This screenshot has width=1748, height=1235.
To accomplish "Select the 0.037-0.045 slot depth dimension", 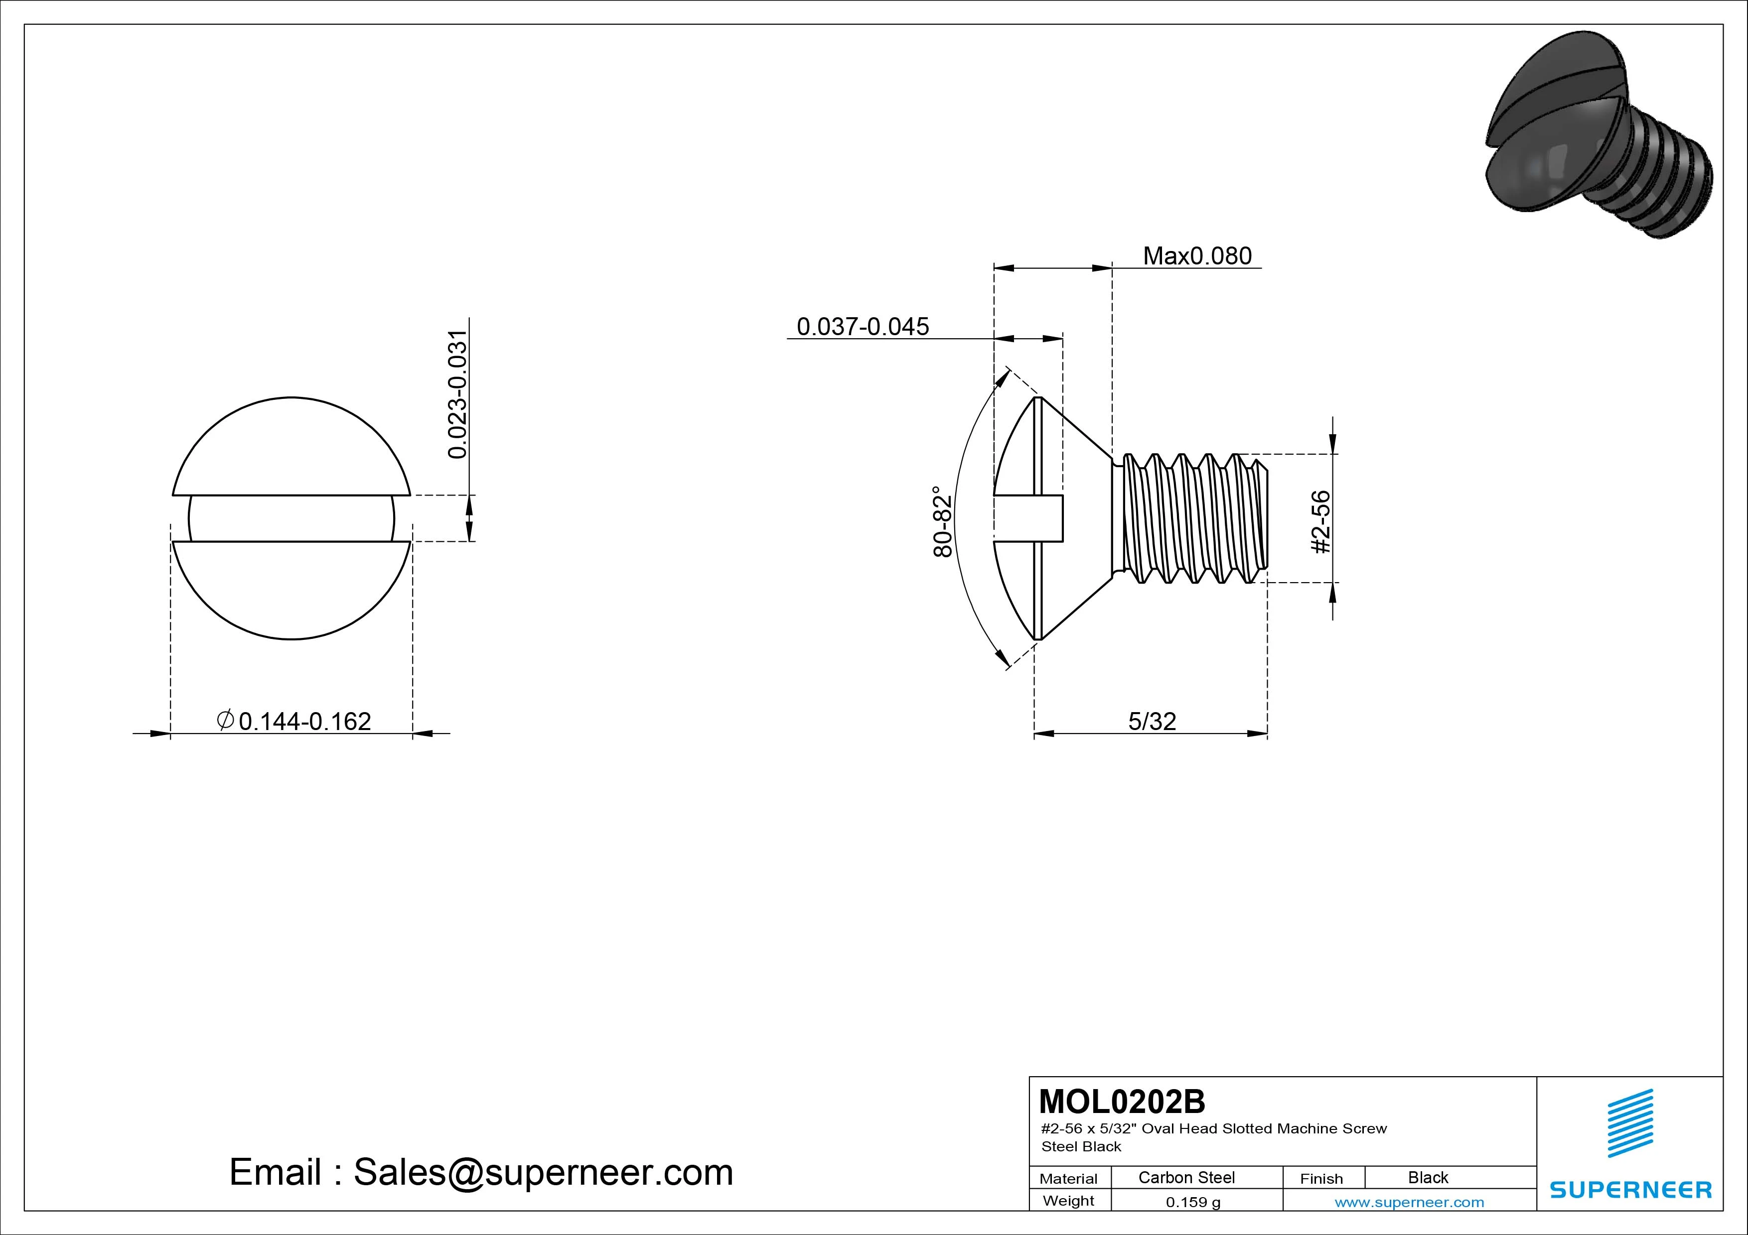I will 863,327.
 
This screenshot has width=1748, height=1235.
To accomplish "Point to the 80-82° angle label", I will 943,521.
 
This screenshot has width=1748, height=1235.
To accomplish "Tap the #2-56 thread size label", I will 1321,521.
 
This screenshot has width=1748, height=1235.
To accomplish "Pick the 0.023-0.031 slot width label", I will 457,394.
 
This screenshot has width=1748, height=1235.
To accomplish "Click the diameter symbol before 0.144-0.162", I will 225,719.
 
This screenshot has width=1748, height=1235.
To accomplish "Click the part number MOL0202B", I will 1122,1101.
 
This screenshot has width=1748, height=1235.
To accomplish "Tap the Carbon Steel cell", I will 1186,1177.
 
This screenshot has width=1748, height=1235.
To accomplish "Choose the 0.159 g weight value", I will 1193,1202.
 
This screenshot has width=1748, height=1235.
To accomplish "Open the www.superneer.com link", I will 1409,1202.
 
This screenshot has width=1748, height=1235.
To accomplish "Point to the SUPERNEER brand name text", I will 1630,1189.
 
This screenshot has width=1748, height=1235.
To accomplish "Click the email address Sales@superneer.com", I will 543,1172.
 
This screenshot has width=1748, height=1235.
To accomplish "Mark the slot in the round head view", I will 291,519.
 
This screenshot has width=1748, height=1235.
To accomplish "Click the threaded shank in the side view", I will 1191,518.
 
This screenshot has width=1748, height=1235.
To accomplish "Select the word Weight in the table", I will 1068,1201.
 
